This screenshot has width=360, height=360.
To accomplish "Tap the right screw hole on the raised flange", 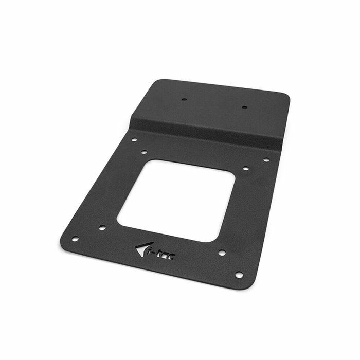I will tap(244, 107).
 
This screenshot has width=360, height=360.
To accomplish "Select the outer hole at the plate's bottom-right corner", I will tap(239, 275).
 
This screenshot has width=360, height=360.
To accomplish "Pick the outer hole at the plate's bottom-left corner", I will tap(75, 239).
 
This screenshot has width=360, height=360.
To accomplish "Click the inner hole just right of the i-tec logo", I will tap(222, 253).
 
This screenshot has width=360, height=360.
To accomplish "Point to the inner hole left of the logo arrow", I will tap(102, 227).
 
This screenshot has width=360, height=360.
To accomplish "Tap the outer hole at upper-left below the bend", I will tap(134, 139).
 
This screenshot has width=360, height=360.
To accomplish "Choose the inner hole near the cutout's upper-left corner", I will tap(145, 152).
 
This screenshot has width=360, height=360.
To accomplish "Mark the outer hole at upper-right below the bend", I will tap(266, 160).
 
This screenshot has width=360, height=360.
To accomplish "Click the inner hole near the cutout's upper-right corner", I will tap(245, 168).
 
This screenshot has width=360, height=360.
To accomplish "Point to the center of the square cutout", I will tap(176, 200).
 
